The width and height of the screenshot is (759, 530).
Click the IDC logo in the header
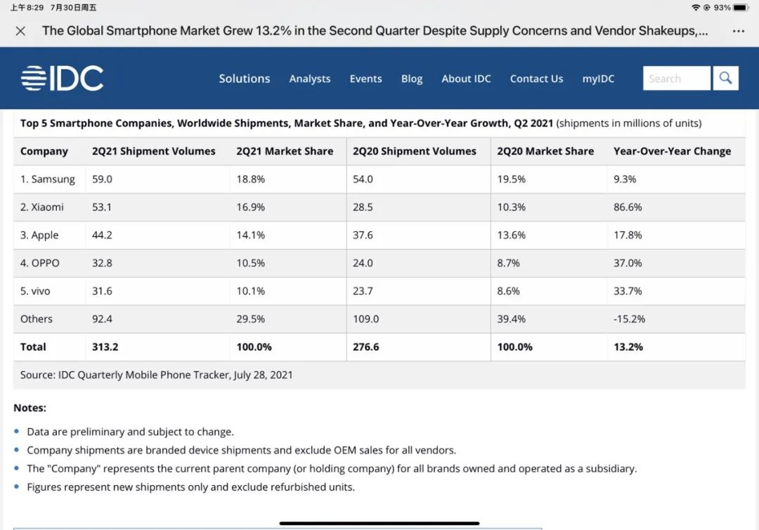[x=62, y=78]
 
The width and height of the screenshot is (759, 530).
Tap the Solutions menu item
[x=245, y=79]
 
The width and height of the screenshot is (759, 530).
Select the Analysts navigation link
[x=310, y=79]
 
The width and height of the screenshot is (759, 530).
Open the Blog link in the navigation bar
[x=412, y=79]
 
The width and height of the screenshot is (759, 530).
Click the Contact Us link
[x=536, y=79]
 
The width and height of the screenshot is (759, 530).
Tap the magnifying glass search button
[x=725, y=78]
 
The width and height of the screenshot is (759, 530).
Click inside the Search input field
[x=676, y=78]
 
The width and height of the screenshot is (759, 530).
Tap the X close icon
[x=20, y=32]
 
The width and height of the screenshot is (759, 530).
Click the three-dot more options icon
[x=738, y=32]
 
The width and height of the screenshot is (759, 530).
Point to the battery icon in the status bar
[x=741, y=8]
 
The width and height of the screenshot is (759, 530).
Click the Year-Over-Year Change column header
[x=672, y=151]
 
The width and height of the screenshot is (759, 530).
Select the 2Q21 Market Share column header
[x=285, y=151]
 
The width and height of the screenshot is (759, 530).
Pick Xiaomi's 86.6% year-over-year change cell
[x=628, y=207]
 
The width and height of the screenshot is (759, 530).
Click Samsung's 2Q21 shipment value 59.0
[x=102, y=179]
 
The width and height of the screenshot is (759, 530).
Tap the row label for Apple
[x=39, y=235]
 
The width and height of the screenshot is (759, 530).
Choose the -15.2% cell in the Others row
[x=629, y=319]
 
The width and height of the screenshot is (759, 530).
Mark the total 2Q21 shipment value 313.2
[x=105, y=347]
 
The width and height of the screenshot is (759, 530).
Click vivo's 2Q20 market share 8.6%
[x=508, y=291]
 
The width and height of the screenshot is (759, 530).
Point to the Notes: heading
[x=30, y=408]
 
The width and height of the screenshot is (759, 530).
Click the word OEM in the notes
[x=344, y=450]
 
